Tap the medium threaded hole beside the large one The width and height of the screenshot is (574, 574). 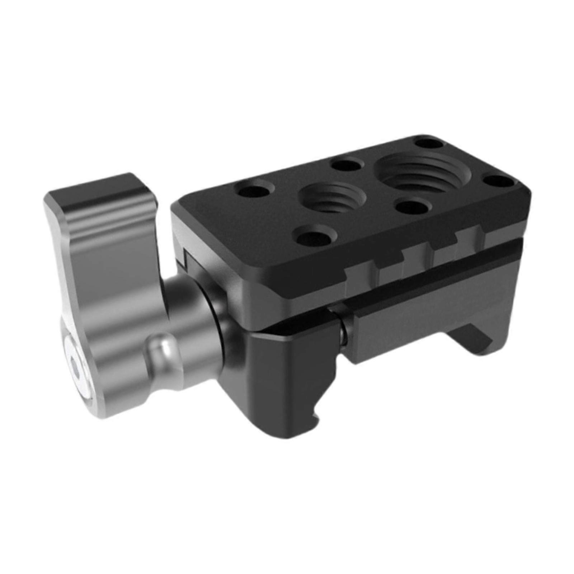point(332,198)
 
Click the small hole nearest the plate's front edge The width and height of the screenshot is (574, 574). point(313,236)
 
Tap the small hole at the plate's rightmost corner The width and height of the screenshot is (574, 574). point(499,182)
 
